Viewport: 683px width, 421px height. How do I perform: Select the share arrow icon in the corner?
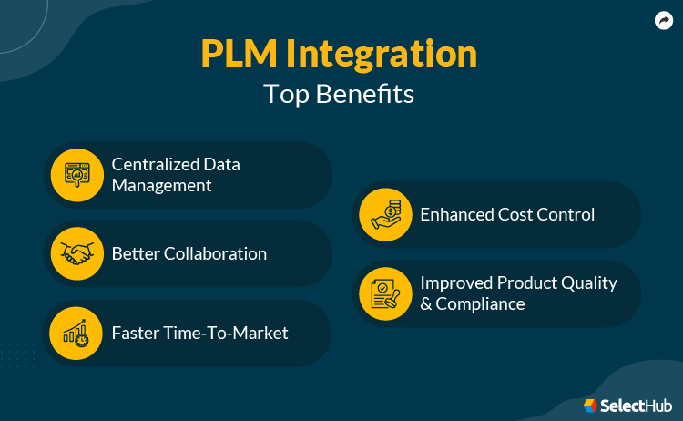663,20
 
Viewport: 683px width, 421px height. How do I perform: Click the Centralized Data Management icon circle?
76,174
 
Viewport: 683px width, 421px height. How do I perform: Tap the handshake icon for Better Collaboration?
76,253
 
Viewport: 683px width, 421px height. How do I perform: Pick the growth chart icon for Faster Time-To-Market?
76,333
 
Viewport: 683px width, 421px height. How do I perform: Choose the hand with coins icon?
384,214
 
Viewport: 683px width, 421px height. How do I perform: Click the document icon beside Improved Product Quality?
384,293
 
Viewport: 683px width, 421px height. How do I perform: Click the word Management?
162,185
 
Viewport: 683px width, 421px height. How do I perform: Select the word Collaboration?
215,253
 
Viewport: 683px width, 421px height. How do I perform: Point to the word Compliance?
480,303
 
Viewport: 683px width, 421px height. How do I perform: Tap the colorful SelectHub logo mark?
590,405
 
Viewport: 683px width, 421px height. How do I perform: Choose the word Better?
136,253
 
